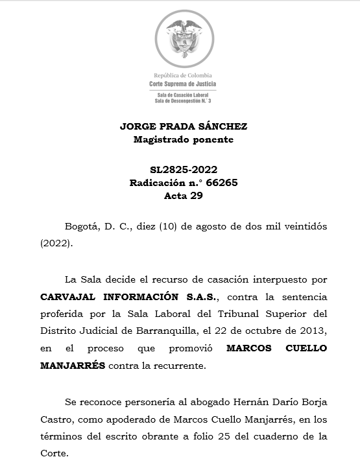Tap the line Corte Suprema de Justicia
[184, 84]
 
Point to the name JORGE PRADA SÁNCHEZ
[184, 126]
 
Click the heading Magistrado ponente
[184, 139]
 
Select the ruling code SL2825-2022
[184, 170]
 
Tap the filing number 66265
[221, 183]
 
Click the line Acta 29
[184, 196]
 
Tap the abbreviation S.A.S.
[200, 296]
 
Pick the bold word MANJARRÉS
[72, 366]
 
